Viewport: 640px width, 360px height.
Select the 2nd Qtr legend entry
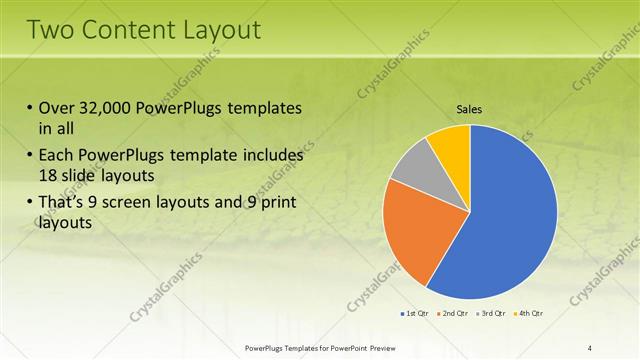[x=453, y=314]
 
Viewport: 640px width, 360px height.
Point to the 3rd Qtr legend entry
[x=490, y=314]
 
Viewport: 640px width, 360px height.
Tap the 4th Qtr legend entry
[x=527, y=314]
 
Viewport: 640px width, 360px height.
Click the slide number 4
[x=590, y=347]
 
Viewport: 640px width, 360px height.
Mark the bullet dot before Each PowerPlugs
[x=30, y=157]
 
